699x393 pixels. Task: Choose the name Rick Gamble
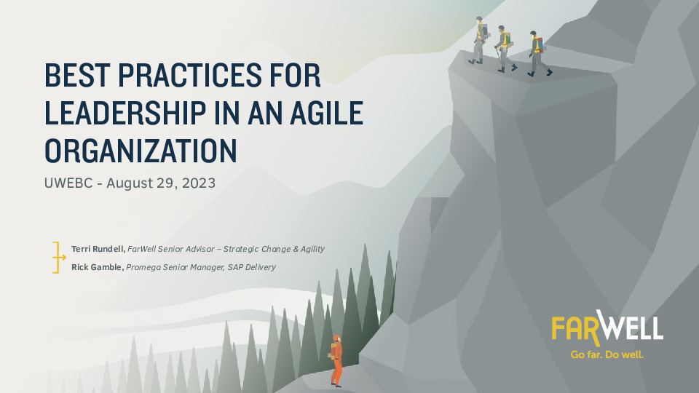click(x=98, y=267)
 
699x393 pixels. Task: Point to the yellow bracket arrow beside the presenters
click(x=58, y=258)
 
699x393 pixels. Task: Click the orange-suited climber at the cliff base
click(x=336, y=360)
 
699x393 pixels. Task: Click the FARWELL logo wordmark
click(x=607, y=328)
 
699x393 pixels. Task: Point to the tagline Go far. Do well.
click(x=607, y=355)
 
